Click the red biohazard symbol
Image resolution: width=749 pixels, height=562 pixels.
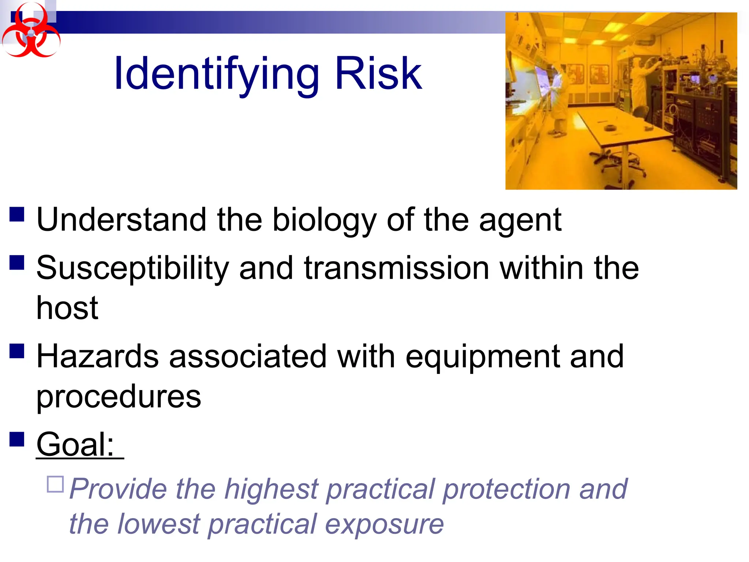pos(31,31)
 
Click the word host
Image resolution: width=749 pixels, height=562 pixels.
pos(67,308)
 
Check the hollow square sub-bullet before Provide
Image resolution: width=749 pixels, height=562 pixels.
pos(56,484)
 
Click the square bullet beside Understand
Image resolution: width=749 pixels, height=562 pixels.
pos(17,214)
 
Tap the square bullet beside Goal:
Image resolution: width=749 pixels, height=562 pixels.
pos(17,439)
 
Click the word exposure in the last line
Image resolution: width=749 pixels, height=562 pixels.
pos(384,524)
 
